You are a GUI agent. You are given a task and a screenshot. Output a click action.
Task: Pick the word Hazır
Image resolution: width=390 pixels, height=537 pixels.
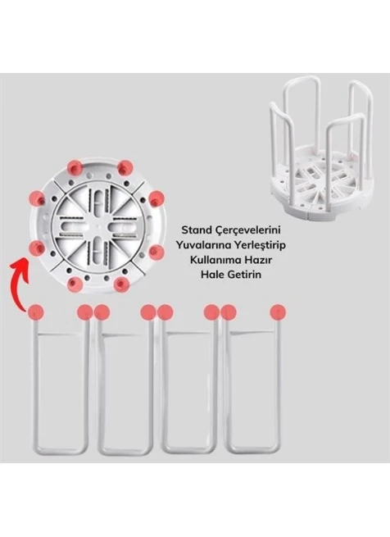258,260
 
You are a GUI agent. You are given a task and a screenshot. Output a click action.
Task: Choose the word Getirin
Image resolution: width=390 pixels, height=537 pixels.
243,275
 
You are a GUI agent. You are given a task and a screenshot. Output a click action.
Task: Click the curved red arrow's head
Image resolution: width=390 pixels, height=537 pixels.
19,265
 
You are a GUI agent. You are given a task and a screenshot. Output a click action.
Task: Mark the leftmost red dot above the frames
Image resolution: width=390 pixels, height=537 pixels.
35,312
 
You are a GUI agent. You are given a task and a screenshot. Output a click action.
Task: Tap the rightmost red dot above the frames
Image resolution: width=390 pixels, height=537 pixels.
278,312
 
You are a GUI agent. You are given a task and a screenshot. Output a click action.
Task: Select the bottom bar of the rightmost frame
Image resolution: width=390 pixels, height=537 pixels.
253,449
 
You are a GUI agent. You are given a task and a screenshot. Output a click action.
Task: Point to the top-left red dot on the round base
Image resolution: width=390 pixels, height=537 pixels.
75,167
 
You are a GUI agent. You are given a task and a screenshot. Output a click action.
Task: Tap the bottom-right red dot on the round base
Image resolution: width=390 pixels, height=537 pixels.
121,284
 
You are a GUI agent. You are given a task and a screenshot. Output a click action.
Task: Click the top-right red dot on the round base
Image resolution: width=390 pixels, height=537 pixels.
125,167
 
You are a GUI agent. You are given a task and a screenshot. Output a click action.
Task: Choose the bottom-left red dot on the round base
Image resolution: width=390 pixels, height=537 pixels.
75,284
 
